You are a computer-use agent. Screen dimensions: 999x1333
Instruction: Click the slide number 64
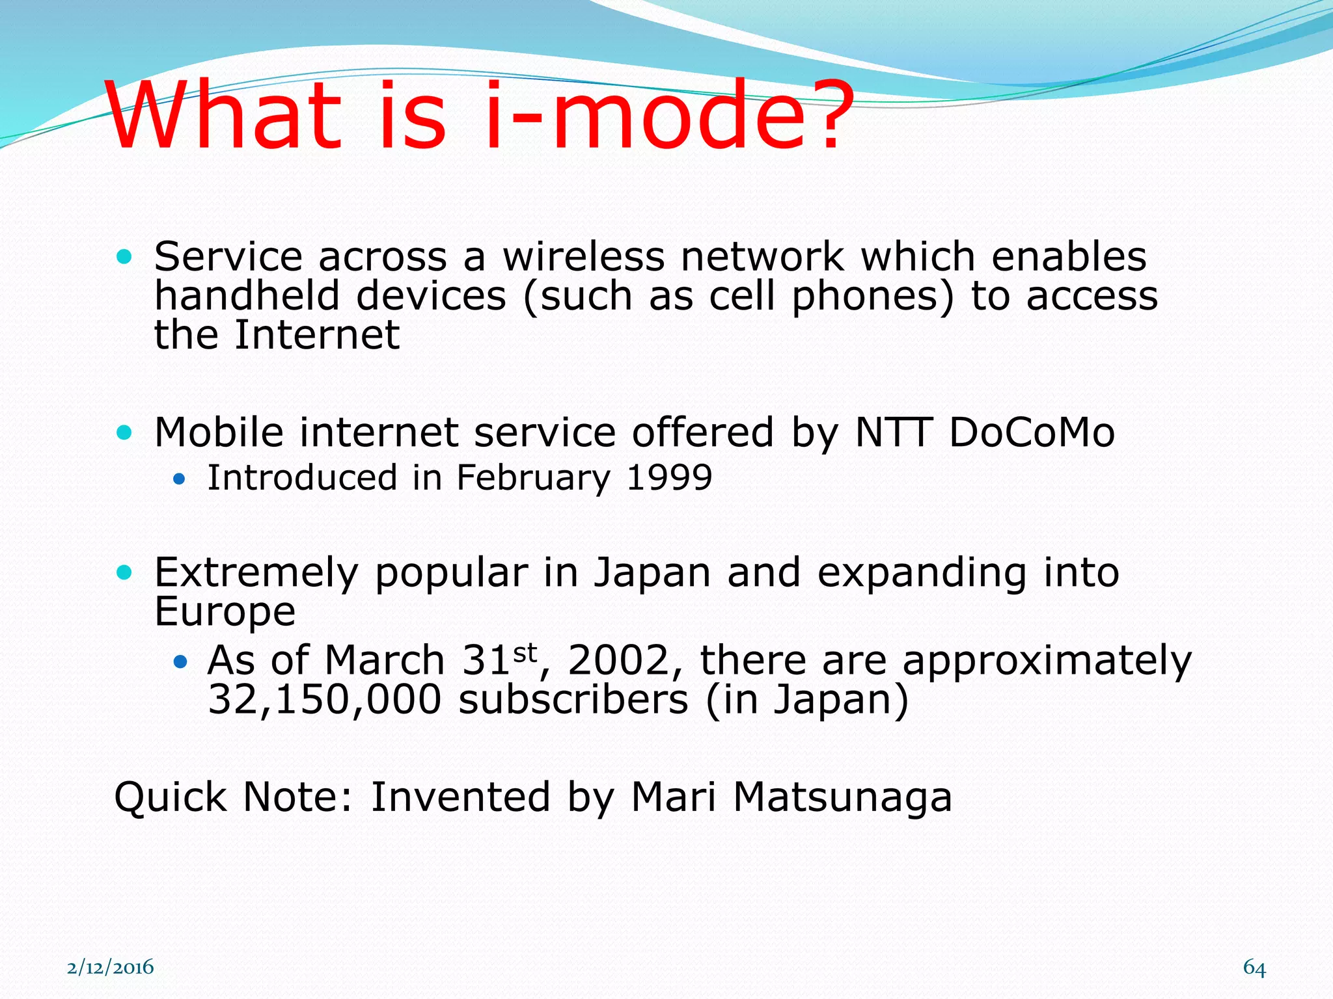(1254, 968)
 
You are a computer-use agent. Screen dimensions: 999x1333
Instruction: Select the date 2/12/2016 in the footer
(111, 967)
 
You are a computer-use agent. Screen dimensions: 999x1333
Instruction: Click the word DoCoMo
(1032, 433)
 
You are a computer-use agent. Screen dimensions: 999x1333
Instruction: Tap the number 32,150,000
(324, 700)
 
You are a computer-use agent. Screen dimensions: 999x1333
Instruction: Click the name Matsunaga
(842, 797)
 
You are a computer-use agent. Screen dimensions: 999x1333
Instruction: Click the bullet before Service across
(124, 257)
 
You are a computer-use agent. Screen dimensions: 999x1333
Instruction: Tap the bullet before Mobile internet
(124, 433)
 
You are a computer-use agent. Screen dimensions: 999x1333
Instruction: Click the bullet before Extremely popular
(124, 573)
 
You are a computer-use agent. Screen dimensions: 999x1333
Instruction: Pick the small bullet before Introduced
(180, 481)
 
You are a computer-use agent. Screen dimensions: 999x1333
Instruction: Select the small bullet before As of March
(180, 663)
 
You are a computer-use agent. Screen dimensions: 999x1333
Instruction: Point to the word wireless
(583, 257)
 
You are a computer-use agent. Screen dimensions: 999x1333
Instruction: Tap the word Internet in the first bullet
(316, 336)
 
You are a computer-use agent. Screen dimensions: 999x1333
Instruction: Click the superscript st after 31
(525, 652)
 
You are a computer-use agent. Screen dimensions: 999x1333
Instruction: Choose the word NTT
(893, 433)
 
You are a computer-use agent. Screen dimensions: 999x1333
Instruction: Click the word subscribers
(573, 700)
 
